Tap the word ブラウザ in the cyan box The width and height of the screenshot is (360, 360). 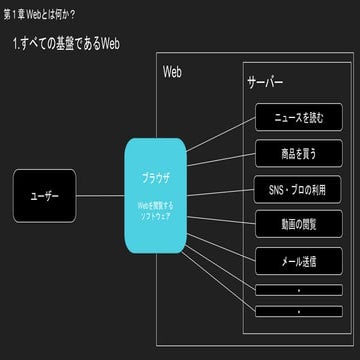(x=155, y=177)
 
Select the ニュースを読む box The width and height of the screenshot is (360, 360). (x=298, y=117)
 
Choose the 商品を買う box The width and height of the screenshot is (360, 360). (x=298, y=153)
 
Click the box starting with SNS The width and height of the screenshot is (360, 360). (x=298, y=188)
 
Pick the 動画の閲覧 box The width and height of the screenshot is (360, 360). (x=298, y=224)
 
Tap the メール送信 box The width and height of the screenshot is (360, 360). (x=298, y=260)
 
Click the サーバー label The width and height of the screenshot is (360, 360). (x=265, y=84)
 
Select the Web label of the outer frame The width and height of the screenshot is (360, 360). (x=172, y=73)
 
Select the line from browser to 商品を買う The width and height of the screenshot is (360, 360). (x=220, y=162)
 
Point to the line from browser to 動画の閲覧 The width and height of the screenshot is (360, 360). (x=220, y=212)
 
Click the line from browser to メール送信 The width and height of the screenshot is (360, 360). (x=220, y=238)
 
